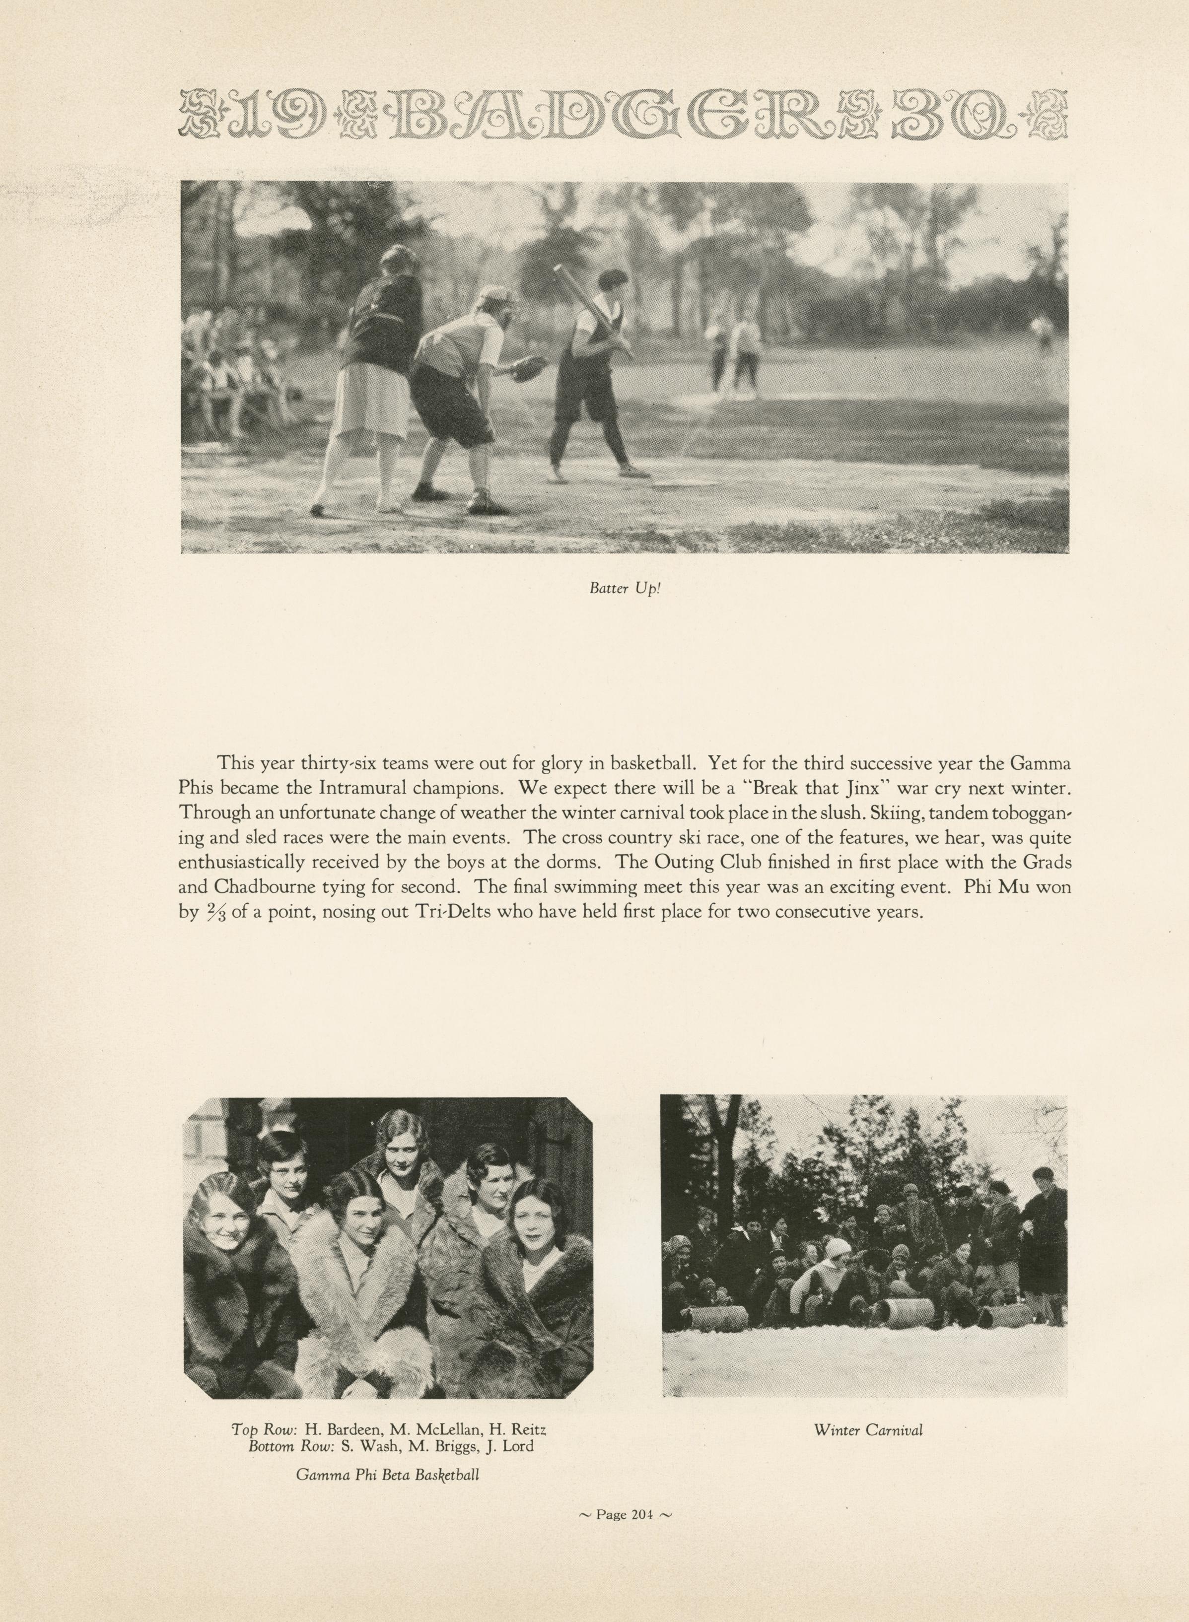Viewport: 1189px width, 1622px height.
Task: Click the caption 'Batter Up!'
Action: point(624,588)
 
